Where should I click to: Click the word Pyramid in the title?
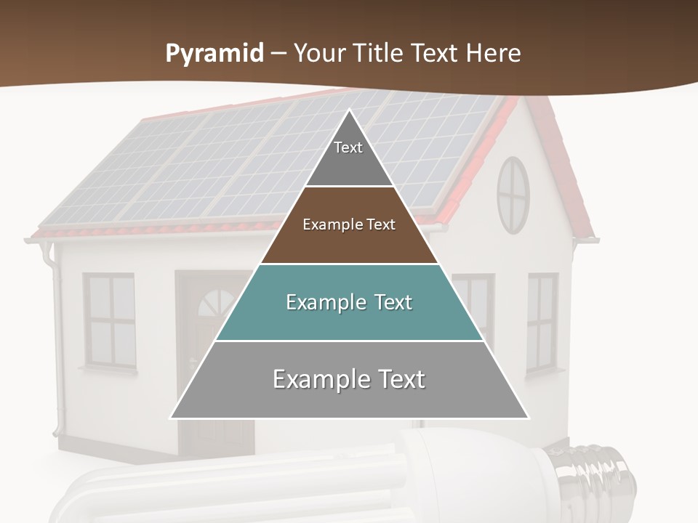coord(214,54)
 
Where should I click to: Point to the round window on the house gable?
coord(513,195)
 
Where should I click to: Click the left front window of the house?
coord(109,320)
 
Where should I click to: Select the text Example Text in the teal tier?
coord(349,302)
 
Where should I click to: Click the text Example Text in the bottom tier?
coord(349,379)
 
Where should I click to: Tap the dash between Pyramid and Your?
coord(278,54)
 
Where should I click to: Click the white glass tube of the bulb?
coord(218,487)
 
